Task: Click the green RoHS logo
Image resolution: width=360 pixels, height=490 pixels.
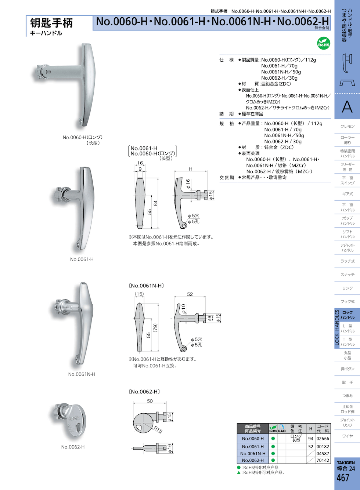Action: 324,43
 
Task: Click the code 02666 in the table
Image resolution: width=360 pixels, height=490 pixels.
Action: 323,439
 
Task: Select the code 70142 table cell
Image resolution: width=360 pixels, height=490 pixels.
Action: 323,460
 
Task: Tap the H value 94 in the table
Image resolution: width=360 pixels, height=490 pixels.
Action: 311,439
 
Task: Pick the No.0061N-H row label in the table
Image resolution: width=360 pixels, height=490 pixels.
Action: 253,454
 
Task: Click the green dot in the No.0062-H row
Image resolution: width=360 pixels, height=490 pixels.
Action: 273,460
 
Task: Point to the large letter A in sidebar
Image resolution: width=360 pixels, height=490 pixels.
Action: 347,107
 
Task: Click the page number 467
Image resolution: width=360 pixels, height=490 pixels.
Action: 343,478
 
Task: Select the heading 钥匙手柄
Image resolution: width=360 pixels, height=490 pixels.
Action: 51,23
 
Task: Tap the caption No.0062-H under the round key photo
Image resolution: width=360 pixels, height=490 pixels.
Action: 73,447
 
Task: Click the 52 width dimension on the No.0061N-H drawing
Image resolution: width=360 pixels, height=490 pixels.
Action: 190,294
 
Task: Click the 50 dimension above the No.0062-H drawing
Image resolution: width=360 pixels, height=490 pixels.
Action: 150,401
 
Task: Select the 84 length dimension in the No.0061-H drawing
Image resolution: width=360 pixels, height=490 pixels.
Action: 156,203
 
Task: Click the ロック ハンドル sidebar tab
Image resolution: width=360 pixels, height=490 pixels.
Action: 347,315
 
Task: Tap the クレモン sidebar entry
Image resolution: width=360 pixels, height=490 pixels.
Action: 347,126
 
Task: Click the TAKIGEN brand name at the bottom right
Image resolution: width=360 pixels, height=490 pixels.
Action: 346,463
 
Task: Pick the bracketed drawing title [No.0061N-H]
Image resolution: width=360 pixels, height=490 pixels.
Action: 147,286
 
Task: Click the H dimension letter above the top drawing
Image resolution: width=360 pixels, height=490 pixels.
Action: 191,169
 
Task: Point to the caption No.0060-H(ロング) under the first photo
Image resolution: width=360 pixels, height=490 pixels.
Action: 82,137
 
